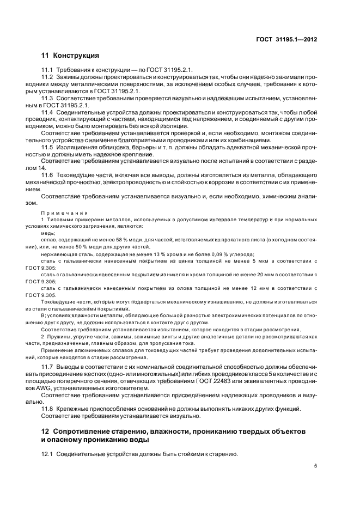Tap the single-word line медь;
(48, 233)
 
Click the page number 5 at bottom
(315, 466)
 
